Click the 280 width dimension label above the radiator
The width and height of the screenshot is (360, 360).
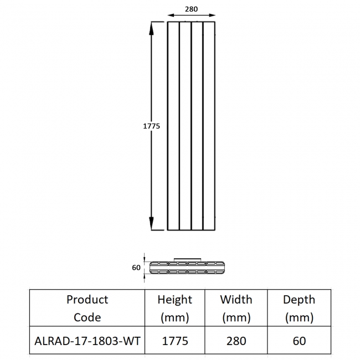(191, 9)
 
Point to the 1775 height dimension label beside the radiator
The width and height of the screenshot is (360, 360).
(151, 126)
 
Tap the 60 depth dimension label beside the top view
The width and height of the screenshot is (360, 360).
(136, 268)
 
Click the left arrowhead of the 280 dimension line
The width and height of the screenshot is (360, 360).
(171, 16)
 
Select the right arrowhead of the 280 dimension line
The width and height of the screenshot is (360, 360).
(212, 16)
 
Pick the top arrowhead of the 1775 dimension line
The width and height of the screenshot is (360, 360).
(151, 28)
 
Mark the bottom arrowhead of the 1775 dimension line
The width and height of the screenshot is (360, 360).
(151, 223)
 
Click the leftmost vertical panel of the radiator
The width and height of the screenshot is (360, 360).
(173, 126)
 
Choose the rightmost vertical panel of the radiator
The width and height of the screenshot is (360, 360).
(209, 126)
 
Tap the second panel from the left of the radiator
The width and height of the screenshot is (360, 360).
(186, 126)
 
